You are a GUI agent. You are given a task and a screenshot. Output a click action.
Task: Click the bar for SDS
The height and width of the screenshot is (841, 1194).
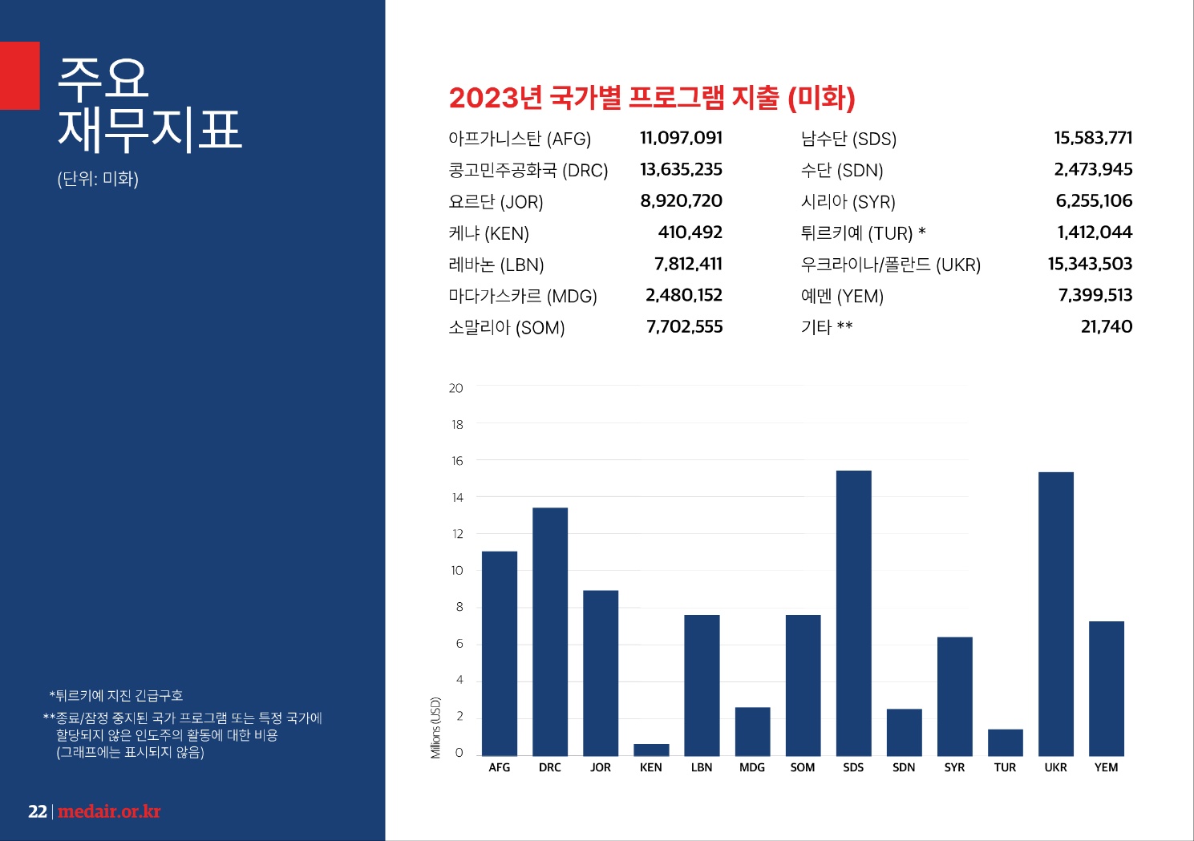853,613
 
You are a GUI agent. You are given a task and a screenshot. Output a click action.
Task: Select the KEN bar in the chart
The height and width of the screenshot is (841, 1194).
651,750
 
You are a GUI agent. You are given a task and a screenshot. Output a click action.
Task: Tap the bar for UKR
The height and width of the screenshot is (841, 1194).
1055,614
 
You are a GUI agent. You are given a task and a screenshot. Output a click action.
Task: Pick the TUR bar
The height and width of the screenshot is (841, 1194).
1005,742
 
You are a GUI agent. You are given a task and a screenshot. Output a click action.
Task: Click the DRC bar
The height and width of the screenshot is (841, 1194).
550,632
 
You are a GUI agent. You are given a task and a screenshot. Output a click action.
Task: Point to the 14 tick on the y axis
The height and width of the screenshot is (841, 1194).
457,498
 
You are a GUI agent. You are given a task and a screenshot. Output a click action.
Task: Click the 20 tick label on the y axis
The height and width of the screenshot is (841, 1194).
456,388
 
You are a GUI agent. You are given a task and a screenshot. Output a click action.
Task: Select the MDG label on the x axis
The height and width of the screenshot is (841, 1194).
752,768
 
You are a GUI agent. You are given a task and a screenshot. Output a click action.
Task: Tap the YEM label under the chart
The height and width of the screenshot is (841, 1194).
1106,768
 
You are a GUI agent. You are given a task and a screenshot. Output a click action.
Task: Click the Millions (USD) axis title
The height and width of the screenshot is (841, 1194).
435,727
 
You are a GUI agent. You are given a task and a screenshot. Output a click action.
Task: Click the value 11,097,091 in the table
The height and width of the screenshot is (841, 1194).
681,138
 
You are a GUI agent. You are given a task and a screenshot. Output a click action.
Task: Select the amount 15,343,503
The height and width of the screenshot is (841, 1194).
1090,264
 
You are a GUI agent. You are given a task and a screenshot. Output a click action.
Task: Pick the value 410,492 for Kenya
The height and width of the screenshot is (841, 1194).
690,232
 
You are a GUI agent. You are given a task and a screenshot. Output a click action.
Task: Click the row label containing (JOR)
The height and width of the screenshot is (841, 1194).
496,202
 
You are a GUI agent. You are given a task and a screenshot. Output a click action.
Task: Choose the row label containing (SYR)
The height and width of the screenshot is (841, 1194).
848,202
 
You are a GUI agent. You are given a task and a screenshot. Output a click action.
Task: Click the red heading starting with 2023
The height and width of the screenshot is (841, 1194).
652,98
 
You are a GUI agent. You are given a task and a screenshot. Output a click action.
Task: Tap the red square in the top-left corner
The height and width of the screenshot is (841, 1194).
19,75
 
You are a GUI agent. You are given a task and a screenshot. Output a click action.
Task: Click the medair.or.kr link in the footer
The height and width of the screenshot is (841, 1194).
109,811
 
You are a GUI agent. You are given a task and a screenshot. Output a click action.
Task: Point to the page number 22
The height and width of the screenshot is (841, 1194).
37,811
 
